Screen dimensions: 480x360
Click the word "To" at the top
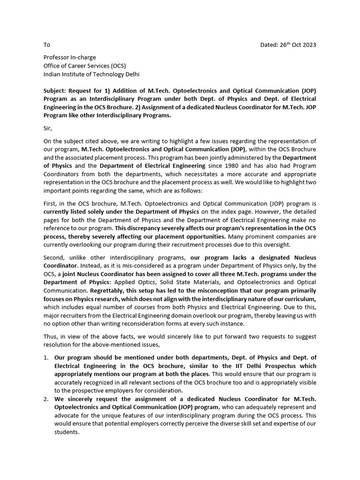pos(46,45)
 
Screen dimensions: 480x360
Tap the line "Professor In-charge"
pos(70,58)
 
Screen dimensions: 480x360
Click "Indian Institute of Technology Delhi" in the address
pos(91,74)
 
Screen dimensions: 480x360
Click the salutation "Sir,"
pos(48,127)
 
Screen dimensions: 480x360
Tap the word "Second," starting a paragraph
pos(56,257)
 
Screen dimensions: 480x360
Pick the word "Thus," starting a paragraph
pos(52,337)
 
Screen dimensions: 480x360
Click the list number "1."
pos(46,358)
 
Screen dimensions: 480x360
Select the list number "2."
pos(46,399)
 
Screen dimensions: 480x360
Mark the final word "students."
pos(67,432)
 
